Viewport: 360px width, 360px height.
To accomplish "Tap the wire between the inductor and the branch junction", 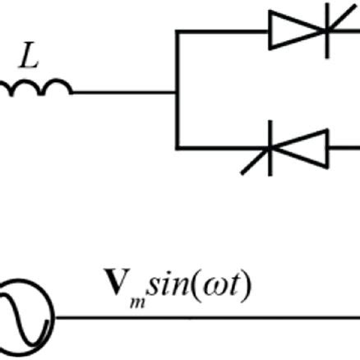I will tap(123, 93).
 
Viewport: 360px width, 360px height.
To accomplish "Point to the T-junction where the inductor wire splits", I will tap(177, 93).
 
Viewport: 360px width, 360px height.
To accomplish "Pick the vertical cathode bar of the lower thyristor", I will tap(272, 148).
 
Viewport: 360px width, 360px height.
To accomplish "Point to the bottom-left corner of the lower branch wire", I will tap(177, 148).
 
